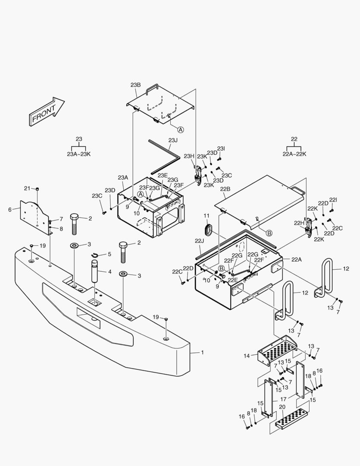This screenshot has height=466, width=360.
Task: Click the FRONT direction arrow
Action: tap(46, 112)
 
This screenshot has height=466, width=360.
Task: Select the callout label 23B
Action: tap(135, 85)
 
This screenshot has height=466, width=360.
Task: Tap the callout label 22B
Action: tap(225, 189)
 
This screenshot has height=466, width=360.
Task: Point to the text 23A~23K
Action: tap(78, 154)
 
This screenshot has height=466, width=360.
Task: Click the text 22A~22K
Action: tap(294, 154)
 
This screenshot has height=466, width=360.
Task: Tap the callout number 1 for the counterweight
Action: tap(202, 353)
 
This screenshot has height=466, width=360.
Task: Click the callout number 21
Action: tap(27, 189)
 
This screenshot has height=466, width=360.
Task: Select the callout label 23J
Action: tap(173, 140)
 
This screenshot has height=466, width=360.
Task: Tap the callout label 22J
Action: tap(199, 240)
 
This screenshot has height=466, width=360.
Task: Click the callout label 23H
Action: tap(189, 156)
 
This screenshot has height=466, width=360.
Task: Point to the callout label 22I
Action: tap(333, 200)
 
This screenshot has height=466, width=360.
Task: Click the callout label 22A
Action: tap(297, 259)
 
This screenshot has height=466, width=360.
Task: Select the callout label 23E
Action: tap(163, 175)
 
